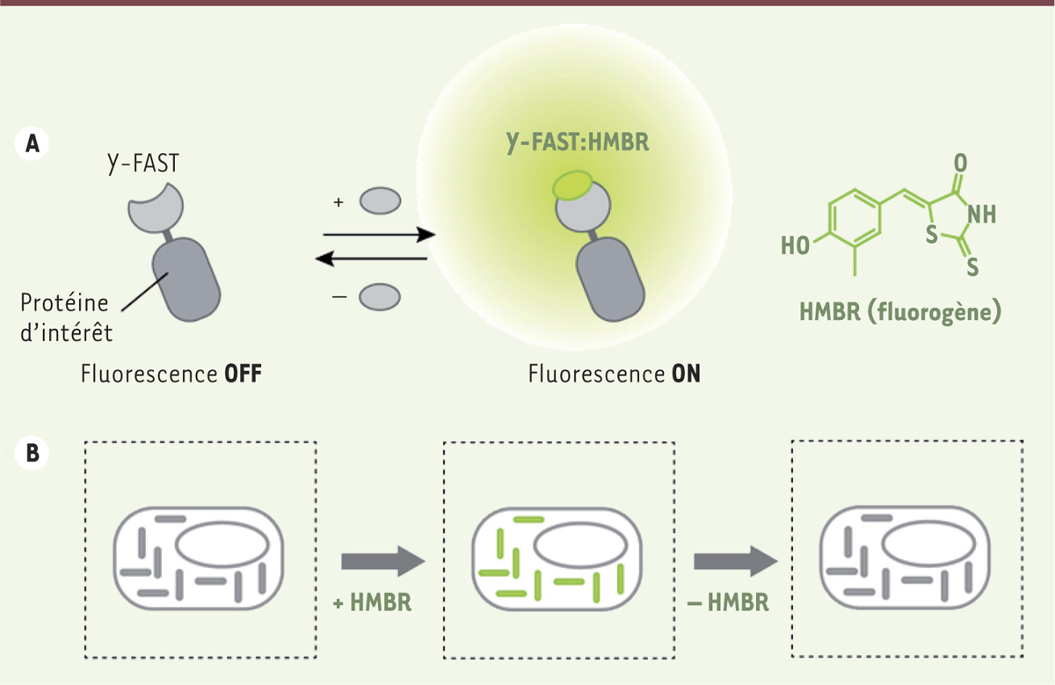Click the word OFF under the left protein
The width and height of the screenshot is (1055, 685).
239,373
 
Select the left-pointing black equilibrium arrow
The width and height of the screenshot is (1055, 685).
375,259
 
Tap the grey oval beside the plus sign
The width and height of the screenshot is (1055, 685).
380,200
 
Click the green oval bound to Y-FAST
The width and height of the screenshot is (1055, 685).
572,185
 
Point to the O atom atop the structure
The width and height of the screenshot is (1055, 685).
959,164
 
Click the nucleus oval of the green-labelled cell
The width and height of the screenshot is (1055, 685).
576,549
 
